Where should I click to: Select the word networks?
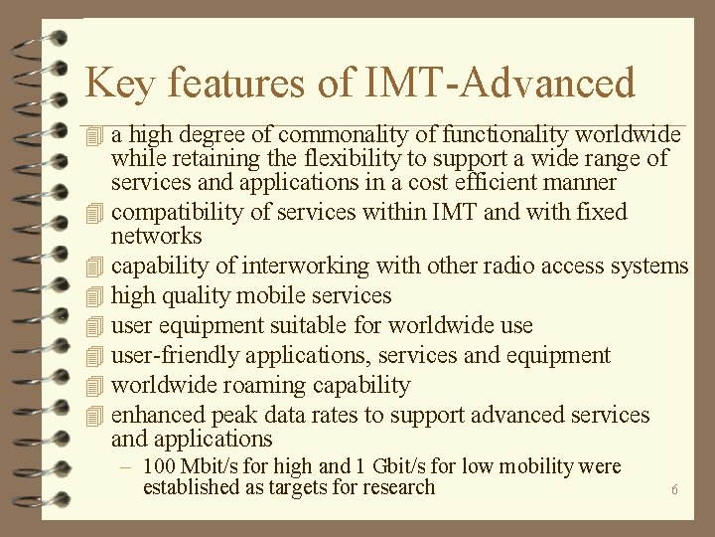tap(156, 237)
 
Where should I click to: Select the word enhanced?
tap(156, 415)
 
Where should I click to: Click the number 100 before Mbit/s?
tap(159, 466)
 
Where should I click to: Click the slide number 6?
tap(674, 490)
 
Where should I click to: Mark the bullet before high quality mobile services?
tap(94, 296)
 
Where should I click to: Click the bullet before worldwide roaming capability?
tap(94, 386)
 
